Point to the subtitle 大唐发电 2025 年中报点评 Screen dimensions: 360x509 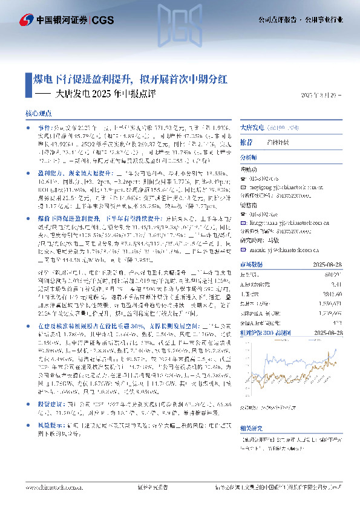[x=105, y=94]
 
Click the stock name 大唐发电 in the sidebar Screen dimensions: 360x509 [x=252, y=128]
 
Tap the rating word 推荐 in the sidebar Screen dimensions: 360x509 [x=246, y=142]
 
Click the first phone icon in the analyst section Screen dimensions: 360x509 [x=244, y=179]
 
